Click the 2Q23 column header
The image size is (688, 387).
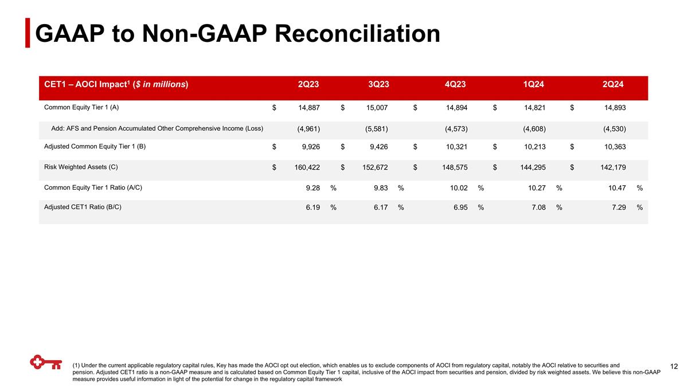click(308, 85)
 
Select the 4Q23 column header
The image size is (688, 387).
click(455, 85)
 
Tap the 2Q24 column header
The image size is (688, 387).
click(613, 85)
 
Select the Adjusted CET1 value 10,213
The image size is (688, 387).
click(534, 147)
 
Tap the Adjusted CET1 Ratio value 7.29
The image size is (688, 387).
click(618, 208)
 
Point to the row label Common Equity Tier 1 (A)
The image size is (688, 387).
click(81, 107)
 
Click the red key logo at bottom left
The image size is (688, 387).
click(46, 363)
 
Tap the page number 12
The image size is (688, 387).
click(674, 366)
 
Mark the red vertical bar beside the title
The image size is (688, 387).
click(28, 34)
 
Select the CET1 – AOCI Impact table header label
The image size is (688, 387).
click(116, 85)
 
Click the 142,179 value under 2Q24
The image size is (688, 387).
click(611, 167)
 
